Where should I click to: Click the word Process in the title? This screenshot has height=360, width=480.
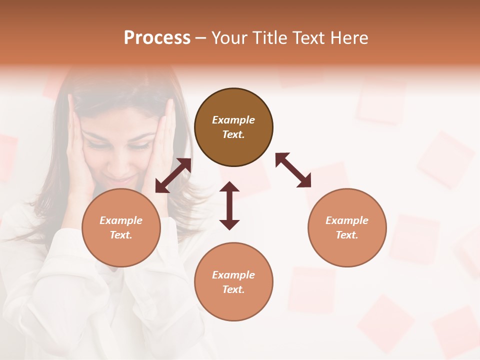pos(157,38)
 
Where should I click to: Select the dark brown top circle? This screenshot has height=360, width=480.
pos(233,127)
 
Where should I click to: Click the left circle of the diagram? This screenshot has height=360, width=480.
pos(121,227)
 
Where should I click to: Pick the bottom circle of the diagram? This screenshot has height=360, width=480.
pos(233,282)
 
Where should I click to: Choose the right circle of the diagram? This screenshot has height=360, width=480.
pos(347,227)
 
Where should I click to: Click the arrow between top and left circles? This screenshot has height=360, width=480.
pos(173,175)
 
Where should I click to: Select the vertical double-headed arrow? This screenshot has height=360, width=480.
pos(229,205)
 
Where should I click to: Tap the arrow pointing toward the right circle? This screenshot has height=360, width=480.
pos(293,170)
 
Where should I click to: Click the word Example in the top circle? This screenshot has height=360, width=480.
pos(233,120)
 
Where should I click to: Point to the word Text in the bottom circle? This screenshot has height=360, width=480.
pos(233,289)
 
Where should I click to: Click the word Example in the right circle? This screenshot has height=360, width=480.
pos(347,220)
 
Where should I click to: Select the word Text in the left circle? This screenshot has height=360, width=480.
pos(121,235)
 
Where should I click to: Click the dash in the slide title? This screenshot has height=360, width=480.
pos(201,38)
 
